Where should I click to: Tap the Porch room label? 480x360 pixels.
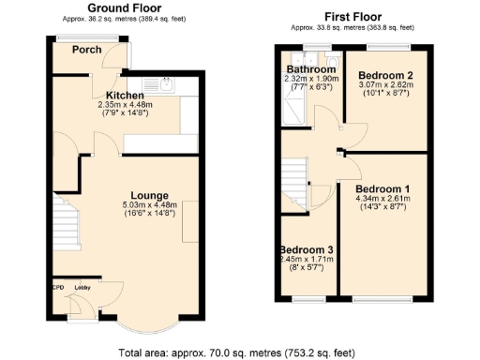coord(87,50)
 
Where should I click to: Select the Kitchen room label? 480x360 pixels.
coord(124,96)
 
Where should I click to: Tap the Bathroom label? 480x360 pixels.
coord(311,69)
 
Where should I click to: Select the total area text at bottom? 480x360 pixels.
coord(237,352)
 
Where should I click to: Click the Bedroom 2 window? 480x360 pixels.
coord(387,46)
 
